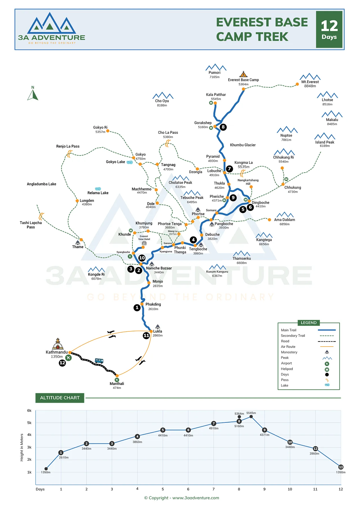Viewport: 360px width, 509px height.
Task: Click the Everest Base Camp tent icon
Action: [244, 74]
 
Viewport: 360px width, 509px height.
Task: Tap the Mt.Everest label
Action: [310, 82]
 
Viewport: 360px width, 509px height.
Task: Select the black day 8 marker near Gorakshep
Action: [223, 127]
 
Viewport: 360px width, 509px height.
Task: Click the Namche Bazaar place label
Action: [159, 268]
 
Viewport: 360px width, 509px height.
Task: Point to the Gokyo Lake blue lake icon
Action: [130, 162]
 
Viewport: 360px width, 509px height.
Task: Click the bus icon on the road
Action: [99, 361]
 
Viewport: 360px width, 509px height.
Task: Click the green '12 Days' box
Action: [329, 30]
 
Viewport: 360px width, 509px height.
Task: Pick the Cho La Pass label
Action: [168, 132]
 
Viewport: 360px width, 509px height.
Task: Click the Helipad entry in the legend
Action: [287, 369]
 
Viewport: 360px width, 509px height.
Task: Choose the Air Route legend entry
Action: [288, 347]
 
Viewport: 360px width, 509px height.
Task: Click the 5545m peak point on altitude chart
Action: [251, 417]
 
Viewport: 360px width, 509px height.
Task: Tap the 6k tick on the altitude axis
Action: [29, 410]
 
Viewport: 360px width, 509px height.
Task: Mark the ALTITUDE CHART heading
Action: [60, 398]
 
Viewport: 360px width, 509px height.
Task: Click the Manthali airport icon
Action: [117, 380]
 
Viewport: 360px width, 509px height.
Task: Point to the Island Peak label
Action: [325, 142]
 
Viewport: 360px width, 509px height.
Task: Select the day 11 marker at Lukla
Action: [146, 335]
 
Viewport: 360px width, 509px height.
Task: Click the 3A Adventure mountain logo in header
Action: [51, 23]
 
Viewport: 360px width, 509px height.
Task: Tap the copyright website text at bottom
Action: [181, 498]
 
